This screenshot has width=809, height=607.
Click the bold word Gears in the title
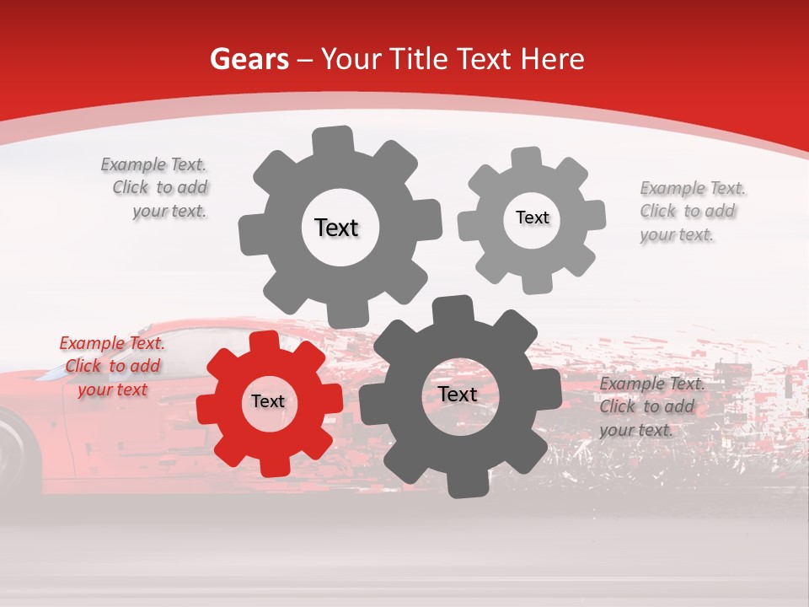pos(249,59)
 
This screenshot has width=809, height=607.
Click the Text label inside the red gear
pos(268,401)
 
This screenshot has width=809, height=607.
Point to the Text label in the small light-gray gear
pos(532,218)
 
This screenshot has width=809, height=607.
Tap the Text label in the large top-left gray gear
pos(336,228)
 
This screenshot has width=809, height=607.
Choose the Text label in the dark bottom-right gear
pos(458,394)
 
